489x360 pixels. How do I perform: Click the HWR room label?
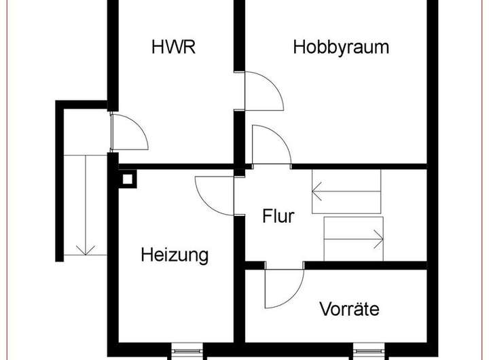[x=173, y=47]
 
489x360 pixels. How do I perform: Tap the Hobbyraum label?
[x=341, y=48]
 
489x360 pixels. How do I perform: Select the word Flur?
[x=278, y=216]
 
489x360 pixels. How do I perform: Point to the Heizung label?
[x=175, y=255]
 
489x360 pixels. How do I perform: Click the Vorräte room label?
[x=349, y=309]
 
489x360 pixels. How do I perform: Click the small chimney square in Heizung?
[x=127, y=179]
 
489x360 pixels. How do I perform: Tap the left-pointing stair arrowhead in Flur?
[x=316, y=192]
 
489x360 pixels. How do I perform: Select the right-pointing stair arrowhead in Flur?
[x=378, y=239]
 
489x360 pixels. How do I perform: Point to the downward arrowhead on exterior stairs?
[x=86, y=250]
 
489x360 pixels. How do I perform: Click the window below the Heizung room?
[x=187, y=351]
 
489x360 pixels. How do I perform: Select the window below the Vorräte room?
[x=369, y=351]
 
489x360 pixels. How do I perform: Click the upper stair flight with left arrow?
[x=346, y=192]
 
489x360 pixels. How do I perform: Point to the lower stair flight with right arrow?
[x=354, y=239]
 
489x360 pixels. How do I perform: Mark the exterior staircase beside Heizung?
[x=86, y=205]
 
